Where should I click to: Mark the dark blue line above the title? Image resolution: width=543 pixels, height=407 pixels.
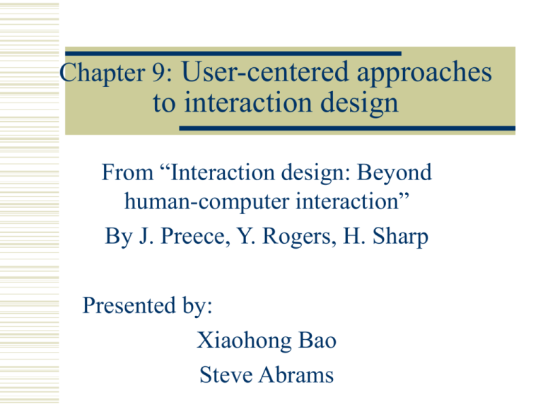coord(233,53)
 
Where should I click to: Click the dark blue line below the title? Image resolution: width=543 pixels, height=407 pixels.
coord(346,128)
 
